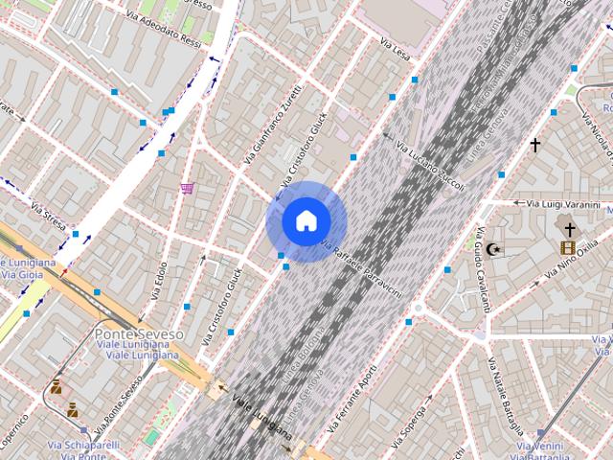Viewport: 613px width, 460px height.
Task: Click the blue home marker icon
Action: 306,221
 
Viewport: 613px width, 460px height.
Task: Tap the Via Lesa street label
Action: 395,46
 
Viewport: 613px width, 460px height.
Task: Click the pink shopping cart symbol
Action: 188,188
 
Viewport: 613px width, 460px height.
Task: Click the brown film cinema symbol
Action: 568,247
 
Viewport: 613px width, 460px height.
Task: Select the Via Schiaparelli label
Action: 83,445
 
